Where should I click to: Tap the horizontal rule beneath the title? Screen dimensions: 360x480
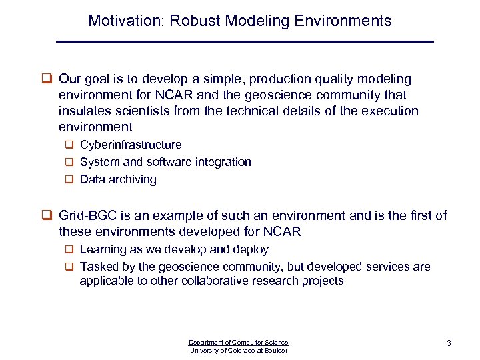(245, 42)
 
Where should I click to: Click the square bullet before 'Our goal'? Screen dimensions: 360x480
(48, 79)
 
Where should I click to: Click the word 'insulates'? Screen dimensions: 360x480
(84, 111)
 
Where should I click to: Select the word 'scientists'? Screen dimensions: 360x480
(141, 111)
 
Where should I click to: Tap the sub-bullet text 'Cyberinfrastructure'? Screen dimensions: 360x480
(131, 145)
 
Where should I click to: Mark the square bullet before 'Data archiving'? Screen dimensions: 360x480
(69, 179)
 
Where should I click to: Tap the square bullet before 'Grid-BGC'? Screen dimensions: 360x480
(48, 216)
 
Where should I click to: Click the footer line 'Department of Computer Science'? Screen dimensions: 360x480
(239, 342)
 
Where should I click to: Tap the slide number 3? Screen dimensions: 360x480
(449, 343)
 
